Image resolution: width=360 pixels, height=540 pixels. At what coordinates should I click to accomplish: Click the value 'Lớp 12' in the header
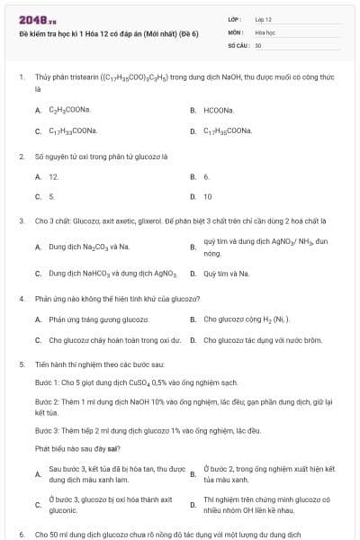263,19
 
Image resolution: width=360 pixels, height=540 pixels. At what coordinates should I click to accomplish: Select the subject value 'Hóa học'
265,31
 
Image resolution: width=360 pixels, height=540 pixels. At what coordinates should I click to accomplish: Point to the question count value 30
258,44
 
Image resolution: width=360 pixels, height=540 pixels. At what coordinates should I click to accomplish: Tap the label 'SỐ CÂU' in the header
237,44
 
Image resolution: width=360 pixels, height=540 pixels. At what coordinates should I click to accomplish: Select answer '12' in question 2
53,176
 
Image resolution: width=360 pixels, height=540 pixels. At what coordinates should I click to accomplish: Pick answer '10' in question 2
208,196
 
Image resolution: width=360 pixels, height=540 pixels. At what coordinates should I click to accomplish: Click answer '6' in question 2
206,176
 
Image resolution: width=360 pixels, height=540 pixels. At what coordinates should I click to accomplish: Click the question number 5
21,364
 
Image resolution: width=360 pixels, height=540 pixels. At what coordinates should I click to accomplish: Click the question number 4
21,298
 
